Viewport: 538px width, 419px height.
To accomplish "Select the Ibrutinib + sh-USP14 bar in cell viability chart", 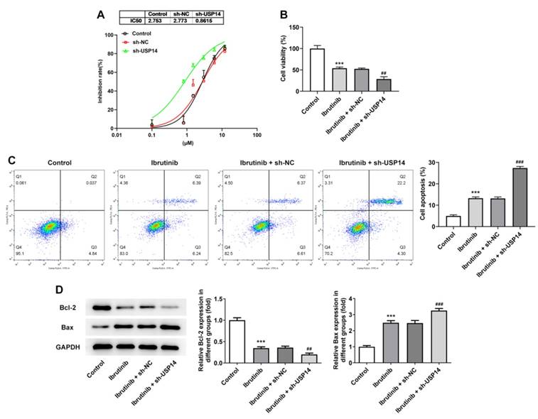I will (384, 85).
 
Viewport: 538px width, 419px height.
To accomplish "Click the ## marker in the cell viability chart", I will (384, 73).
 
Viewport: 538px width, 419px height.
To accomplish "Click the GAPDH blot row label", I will (68, 346).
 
